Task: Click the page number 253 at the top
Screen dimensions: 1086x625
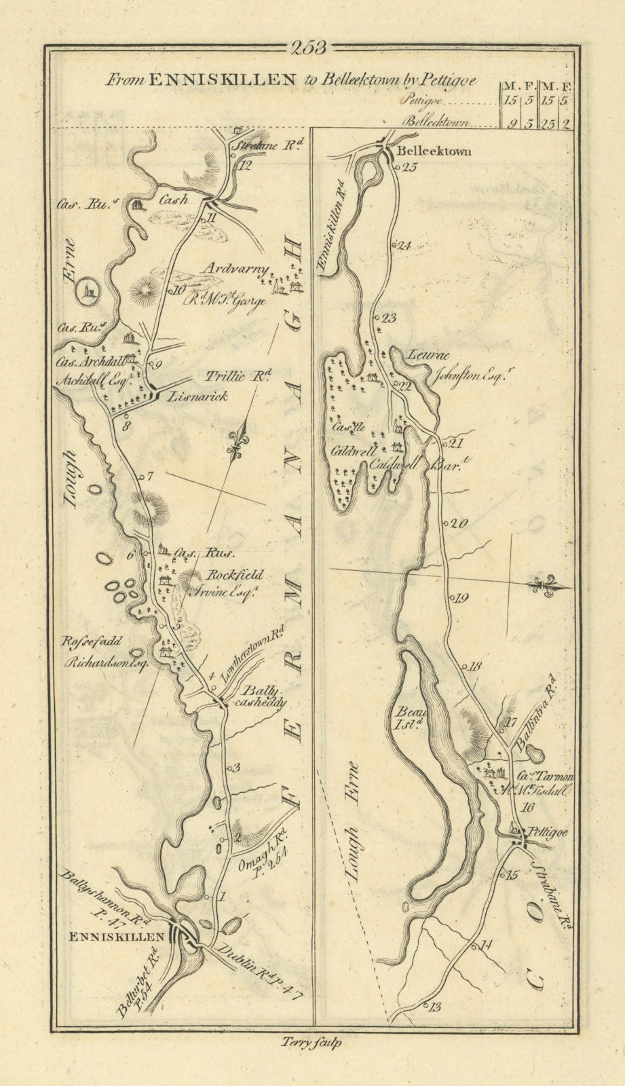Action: [308, 48]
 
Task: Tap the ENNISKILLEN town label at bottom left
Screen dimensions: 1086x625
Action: [117, 937]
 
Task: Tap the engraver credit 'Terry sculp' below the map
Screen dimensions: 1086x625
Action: [310, 1044]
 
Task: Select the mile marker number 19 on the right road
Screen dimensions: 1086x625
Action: [461, 599]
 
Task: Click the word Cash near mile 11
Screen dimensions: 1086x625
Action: [172, 200]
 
